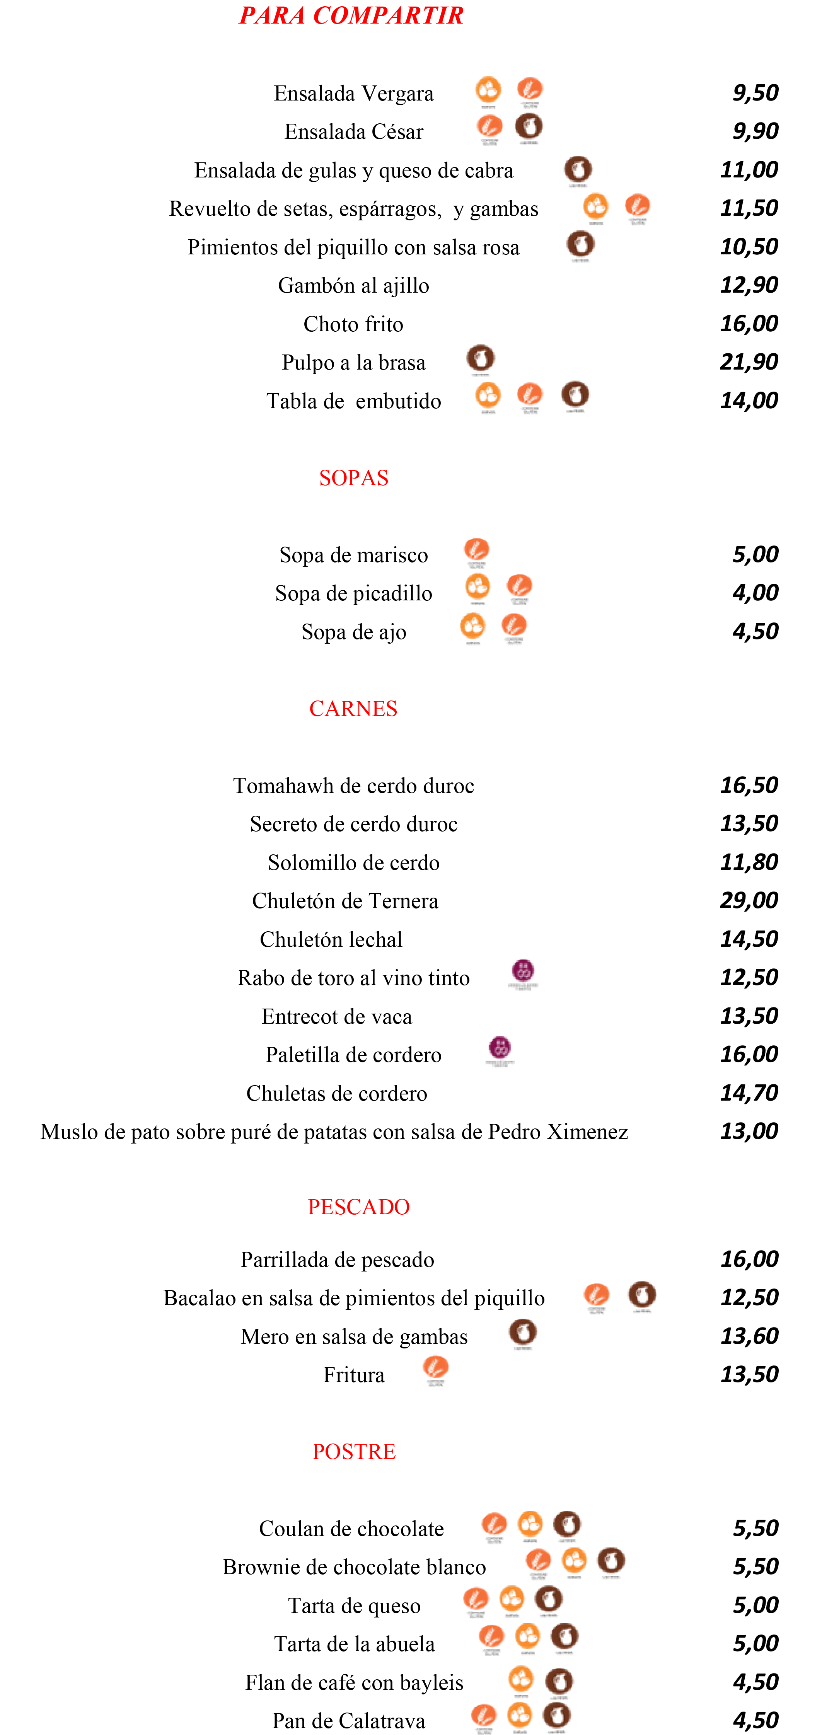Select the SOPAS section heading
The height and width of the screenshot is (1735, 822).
coord(354,477)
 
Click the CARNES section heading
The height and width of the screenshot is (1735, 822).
coord(353,709)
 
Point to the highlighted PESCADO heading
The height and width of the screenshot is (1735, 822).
coord(358,1206)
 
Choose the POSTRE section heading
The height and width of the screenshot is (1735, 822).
coord(354,1452)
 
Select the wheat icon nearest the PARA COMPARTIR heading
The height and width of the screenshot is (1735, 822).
coord(530,89)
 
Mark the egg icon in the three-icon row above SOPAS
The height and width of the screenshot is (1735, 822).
coord(488,395)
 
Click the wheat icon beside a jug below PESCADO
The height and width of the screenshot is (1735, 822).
coord(597,1294)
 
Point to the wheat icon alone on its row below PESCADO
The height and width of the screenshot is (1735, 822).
coord(436,1367)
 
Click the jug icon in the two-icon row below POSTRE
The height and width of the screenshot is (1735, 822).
coord(559,1680)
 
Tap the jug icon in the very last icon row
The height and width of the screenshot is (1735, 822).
coord(557,1715)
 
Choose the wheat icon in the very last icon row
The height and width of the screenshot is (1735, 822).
coord(484,1715)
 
